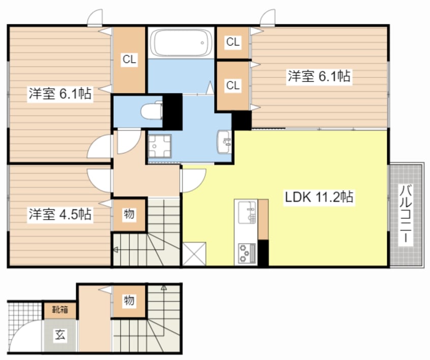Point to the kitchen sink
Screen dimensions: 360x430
click(245, 212)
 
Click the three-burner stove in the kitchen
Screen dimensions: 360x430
click(245, 252)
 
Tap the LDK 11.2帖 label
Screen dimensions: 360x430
click(319, 197)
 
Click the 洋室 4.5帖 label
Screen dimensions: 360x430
click(60, 214)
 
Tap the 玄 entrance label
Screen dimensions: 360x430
click(60, 335)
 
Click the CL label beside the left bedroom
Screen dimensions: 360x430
click(129, 59)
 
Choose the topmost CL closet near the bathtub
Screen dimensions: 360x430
click(233, 43)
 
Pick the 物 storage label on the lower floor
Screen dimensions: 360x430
click(129, 301)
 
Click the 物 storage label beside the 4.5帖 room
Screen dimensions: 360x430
click(129, 214)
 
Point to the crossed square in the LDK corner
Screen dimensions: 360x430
click(195, 254)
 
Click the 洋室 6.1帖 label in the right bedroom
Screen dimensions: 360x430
click(319, 77)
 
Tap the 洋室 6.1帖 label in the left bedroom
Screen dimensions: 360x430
click(60, 94)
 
